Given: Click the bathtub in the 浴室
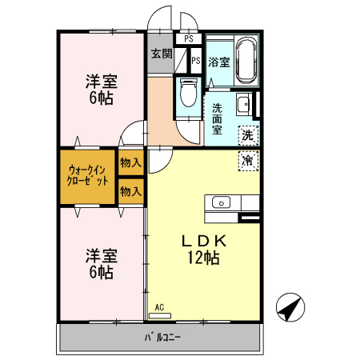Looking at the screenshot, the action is click(x=246, y=60).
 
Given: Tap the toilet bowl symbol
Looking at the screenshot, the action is click(x=189, y=92).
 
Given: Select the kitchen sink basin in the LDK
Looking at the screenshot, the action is click(x=221, y=202).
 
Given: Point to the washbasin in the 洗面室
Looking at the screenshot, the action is click(x=243, y=104).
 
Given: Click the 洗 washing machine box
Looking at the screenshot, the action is click(x=249, y=135).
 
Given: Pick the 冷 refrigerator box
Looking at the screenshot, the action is click(x=248, y=161).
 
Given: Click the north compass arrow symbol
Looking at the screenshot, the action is click(x=290, y=307).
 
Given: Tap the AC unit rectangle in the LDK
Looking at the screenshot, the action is click(x=160, y=316).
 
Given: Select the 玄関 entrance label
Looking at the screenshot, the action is click(x=162, y=54).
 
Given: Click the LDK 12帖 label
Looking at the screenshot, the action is click(x=204, y=250).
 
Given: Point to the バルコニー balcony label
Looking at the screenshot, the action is click(x=162, y=337).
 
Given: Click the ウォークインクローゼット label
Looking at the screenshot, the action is click(x=87, y=175).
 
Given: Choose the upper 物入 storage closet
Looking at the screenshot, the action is click(x=130, y=162).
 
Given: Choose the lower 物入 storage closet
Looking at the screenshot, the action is click(x=130, y=191).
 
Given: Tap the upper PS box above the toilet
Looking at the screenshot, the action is click(x=189, y=39).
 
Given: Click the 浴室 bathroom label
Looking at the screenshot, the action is click(x=219, y=62).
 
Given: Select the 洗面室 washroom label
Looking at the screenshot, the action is click(x=217, y=119).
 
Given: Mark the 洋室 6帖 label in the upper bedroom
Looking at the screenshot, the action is click(x=102, y=90).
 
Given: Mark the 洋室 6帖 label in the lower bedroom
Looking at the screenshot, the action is click(x=102, y=263).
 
